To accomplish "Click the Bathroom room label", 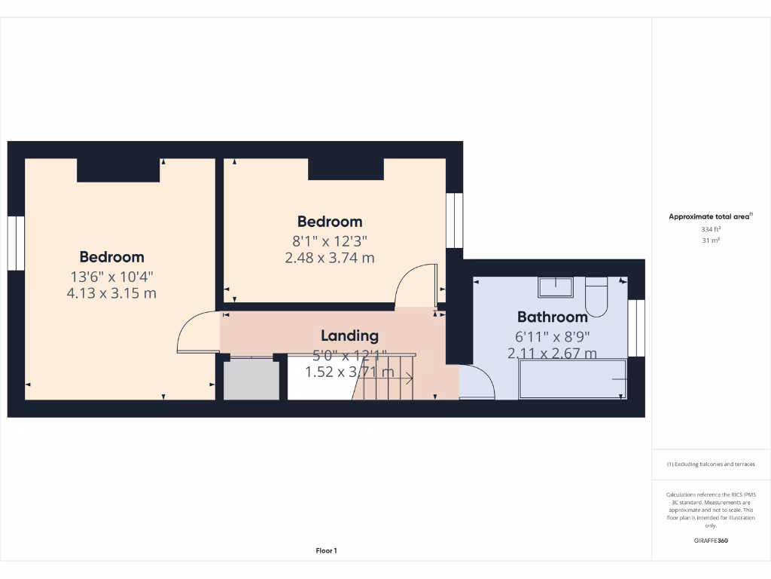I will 552,317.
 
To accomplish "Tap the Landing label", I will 349,335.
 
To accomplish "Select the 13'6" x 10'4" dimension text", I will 111,276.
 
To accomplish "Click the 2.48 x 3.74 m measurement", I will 329,258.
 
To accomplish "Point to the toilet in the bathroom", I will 596,296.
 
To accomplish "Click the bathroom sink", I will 555,287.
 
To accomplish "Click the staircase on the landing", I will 384,377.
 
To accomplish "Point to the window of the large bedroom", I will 16,242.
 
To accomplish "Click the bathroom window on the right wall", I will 637,328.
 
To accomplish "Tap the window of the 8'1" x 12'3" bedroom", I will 455,220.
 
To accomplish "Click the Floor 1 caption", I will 326,551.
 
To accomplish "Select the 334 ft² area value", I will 711,228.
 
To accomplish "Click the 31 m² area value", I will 711,240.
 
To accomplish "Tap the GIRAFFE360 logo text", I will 711,541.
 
